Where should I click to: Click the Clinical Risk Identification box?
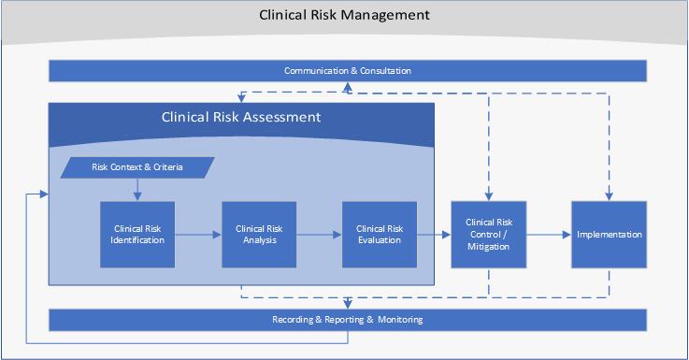pyautogui.click(x=138, y=234)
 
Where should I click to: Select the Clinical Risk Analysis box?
pyautogui.click(x=258, y=234)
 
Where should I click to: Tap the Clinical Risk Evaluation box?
pyautogui.click(x=379, y=234)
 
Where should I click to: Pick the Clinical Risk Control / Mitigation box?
pyautogui.click(x=487, y=234)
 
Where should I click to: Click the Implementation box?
pyautogui.click(x=609, y=234)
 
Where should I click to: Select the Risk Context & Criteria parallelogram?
pyautogui.click(x=137, y=167)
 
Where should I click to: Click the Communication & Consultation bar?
pyautogui.click(x=348, y=71)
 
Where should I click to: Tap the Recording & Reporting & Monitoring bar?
pyautogui.click(x=348, y=320)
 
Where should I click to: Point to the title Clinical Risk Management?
pyautogui.click(x=345, y=15)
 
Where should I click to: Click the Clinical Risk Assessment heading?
pyautogui.click(x=241, y=118)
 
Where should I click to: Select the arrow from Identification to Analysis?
pyautogui.click(x=198, y=235)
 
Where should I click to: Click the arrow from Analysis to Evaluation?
pyautogui.click(x=319, y=235)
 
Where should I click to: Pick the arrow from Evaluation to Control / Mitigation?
pyautogui.click(x=434, y=235)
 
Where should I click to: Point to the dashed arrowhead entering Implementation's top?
pyautogui.click(x=609, y=196)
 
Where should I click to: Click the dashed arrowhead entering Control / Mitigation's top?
pyautogui.click(x=487, y=196)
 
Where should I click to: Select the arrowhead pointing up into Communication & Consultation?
pyautogui.click(x=348, y=86)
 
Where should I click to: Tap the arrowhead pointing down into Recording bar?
pyautogui.click(x=348, y=304)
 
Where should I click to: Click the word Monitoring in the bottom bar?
pyautogui.click(x=401, y=320)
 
